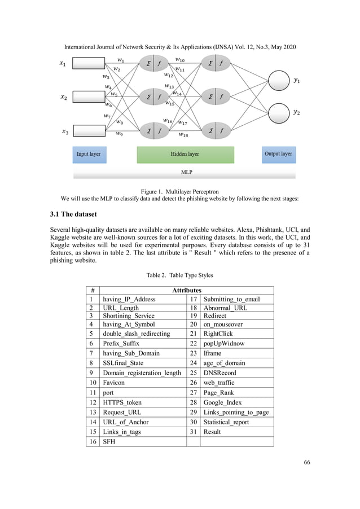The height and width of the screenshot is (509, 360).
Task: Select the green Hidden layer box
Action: point(185,154)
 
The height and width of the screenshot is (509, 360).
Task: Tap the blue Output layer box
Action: point(278,154)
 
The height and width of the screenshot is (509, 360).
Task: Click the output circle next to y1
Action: point(278,81)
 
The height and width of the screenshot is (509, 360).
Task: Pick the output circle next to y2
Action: point(278,113)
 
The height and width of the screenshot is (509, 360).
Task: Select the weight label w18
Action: point(183,134)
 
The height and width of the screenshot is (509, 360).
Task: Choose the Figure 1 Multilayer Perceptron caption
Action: point(179,190)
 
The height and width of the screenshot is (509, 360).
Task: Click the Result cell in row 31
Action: point(212,432)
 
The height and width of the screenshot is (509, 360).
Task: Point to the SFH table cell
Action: point(108,441)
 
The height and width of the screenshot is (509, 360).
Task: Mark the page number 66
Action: point(306,463)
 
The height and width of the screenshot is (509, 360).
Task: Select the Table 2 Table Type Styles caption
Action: point(179,276)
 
